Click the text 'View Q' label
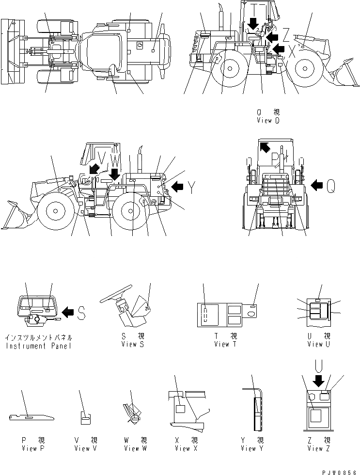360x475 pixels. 268,121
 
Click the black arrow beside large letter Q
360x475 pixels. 317,184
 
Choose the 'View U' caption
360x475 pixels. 319,344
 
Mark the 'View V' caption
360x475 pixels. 85,448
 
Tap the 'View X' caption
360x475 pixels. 183,448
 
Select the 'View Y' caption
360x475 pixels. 252,448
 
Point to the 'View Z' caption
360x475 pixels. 319,448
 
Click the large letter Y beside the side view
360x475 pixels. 192,187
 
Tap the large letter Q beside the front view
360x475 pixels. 330,185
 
